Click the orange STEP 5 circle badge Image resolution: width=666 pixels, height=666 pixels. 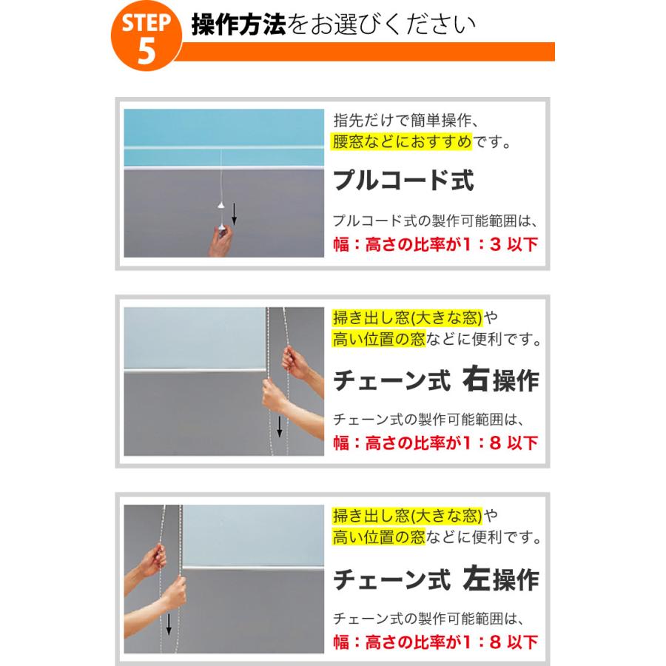[x=146, y=36]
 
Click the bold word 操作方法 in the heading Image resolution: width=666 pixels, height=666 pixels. [x=239, y=24]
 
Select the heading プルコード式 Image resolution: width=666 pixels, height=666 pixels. [x=403, y=180]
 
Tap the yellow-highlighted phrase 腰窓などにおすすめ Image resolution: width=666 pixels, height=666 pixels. [x=401, y=141]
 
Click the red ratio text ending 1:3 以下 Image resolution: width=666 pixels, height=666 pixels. [x=436, y=244]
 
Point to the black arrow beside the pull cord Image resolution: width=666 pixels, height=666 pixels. [x=234, y=214]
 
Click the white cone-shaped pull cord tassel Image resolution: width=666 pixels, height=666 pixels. [x=221, y=206]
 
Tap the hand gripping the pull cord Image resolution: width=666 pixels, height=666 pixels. [x=221, y=240]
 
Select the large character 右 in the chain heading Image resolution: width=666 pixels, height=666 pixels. [x=475, y=378]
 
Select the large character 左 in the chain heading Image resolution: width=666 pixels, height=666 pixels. [x=476, y=578]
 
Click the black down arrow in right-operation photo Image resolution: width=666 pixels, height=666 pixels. [x=280, y=426]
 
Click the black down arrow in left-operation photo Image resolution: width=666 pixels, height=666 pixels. [x=169, y=625]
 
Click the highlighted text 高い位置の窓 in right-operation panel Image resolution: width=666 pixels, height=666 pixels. [x=379, y=339]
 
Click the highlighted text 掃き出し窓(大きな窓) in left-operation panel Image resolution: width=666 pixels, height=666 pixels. [x=408, y=516]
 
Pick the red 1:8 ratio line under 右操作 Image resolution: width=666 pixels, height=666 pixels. [x=436, y=443]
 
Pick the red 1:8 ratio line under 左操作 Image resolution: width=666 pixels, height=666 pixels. [x=436, y=642]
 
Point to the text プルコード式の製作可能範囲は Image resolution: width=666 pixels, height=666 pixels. [x=436, y=221]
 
